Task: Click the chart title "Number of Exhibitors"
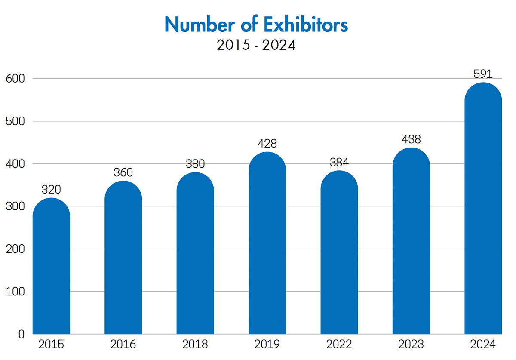pos(256,25)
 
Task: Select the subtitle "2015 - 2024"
pos(256,45)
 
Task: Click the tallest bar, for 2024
pos(483,211)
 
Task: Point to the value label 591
pos(483,74)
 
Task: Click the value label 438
pos(412,139)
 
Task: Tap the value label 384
pos(339,163)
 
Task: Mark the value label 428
pos(267,144)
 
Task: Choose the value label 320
pos(51,190)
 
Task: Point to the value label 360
pos(123,172)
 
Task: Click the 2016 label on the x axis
pos(123,345)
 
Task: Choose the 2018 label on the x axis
pos(195,345)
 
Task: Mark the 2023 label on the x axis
pos(412,345)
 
